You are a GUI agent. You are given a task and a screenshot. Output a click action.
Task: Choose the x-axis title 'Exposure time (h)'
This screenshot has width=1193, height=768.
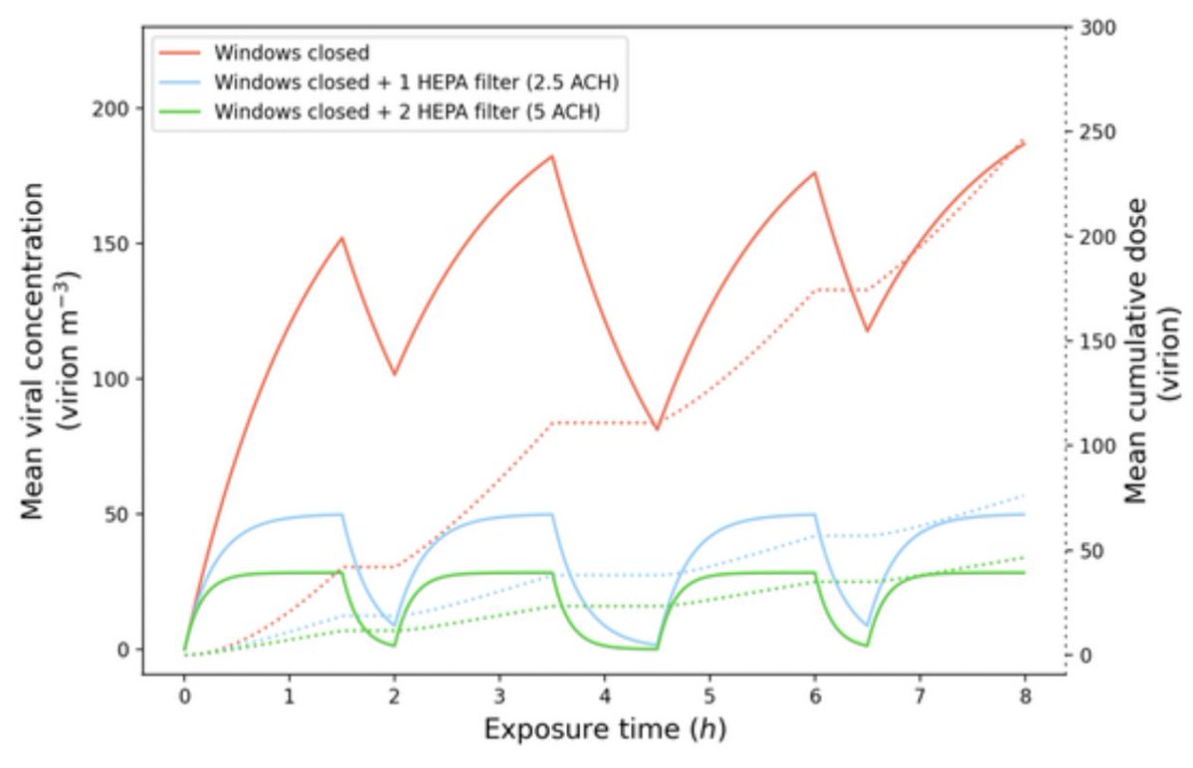605,730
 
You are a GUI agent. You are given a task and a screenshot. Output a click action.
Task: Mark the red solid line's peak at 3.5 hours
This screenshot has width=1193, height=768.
552,156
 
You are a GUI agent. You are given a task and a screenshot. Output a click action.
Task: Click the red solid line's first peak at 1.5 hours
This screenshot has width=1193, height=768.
341,238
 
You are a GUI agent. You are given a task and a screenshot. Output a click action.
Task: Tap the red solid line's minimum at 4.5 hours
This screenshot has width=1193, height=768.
657,429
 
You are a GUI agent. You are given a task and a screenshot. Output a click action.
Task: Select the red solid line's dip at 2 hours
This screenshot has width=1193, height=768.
394,375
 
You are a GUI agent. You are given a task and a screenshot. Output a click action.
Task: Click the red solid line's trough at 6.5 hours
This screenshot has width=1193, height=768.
868,330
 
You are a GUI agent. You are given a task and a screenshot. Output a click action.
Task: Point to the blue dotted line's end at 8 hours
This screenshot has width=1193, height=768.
1024,494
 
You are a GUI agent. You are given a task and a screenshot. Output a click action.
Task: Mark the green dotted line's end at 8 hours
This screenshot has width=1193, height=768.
1024,556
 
